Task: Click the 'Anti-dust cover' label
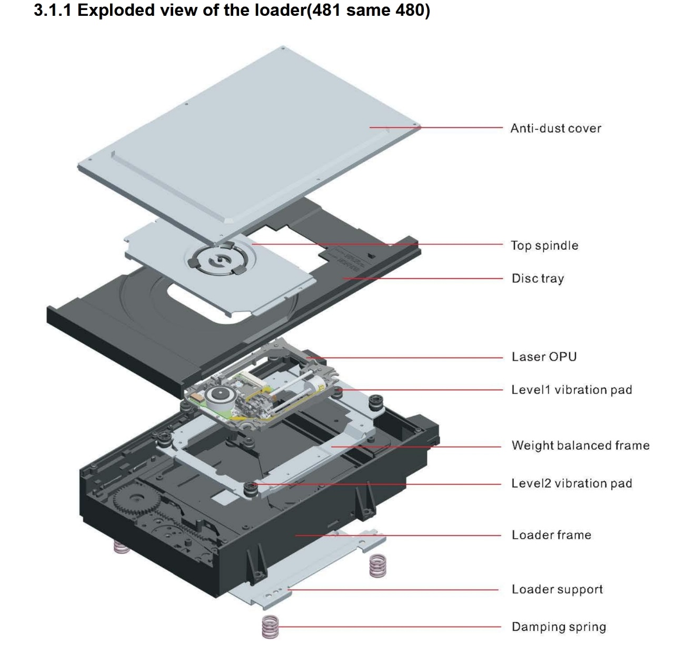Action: pyautogui.click(x=555, y=128)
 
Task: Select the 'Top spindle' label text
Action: pyautogui.click(x=544, y=245)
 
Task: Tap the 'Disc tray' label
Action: pyautogui.click(x=538, y=278)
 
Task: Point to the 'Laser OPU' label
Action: pyautogui.click(x=544, y=356)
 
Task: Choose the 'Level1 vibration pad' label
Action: pyautogui.click(x=571, y=390)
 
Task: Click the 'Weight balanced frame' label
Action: pyautogui.click(x=580, y=445)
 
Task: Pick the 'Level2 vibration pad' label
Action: pyautogui.click(x=571, y=483)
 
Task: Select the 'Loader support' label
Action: pyautogui.click(x=557, y=589)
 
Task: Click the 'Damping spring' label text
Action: pyautogui.click(x=559, y=627)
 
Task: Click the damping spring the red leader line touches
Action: pyautogui.click(x=270, y=627)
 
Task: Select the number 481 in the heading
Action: pyautogui.click(x=326, y=10)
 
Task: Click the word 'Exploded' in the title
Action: pyautogui.click(x=116, y=10)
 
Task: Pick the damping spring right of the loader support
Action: pyautogui.click(x=378, y=566)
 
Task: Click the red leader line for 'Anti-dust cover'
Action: pyautogui.click(x=436, y=127)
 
